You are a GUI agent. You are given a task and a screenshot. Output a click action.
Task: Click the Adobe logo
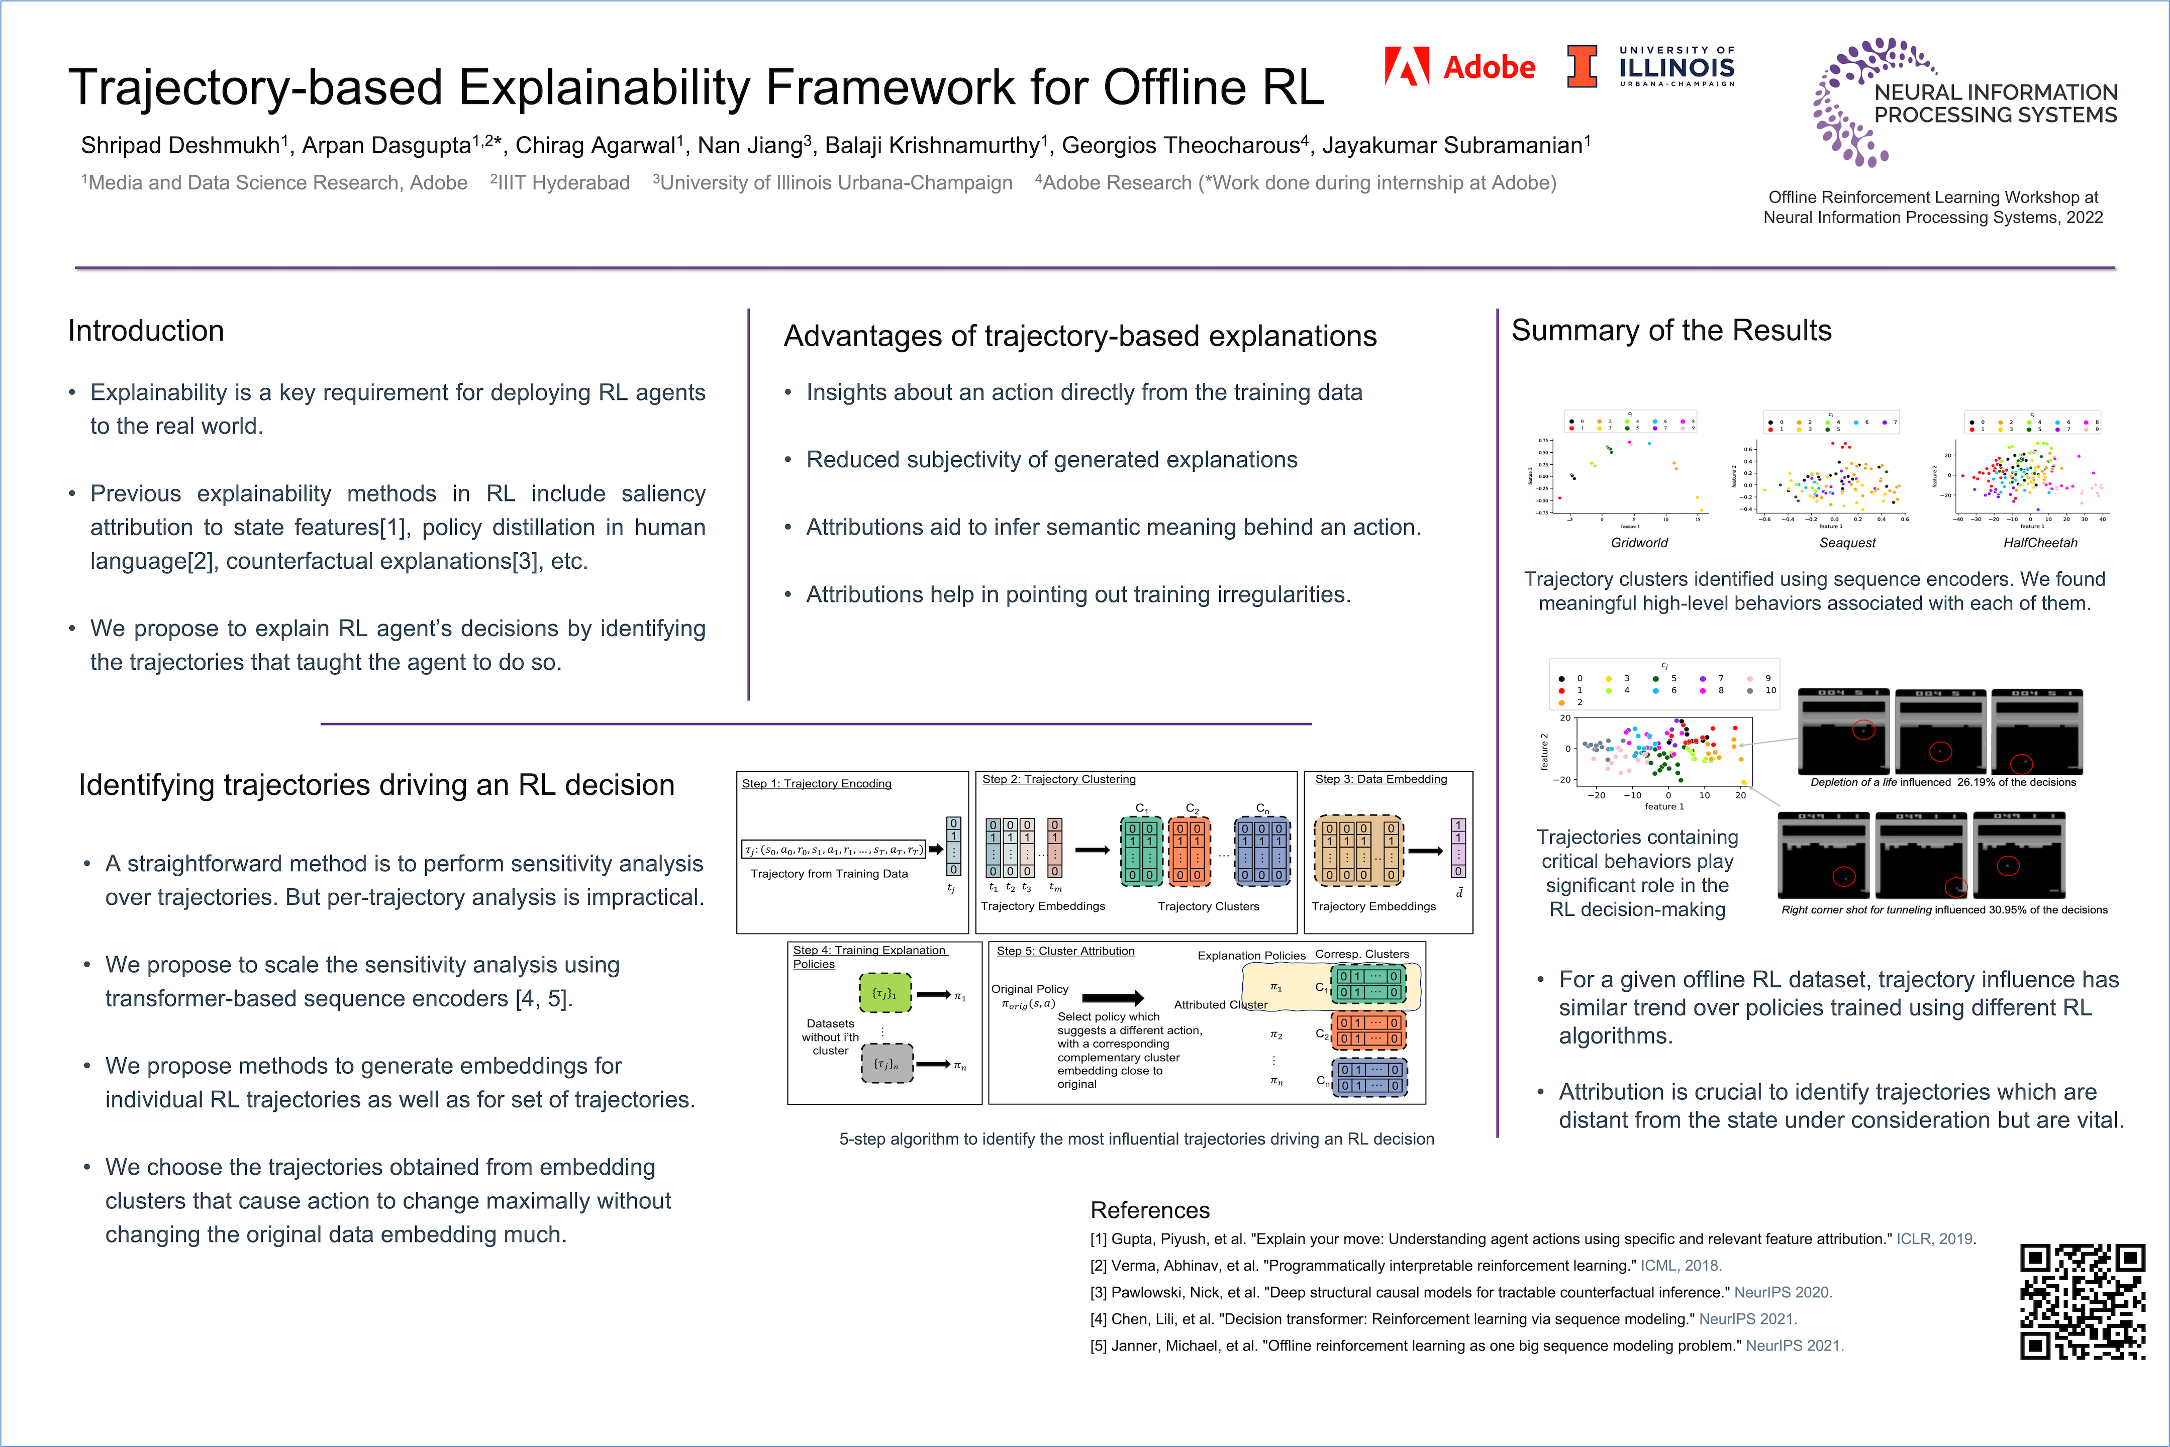(x=1459, y=66)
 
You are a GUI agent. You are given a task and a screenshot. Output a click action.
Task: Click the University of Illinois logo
(x=1650, y=66)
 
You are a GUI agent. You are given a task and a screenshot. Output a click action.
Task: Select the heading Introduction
(x=146, y=331)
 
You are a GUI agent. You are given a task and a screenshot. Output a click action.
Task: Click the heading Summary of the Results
(x=1670, y=331)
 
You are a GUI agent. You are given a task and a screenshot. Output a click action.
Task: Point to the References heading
(x=1149, y=1210)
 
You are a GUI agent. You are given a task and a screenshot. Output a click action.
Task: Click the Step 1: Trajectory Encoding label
(x=816, y=783)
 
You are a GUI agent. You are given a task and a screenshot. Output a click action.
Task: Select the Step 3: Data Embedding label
(x=1381, y=779)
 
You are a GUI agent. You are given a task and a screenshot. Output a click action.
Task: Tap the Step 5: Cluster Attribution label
(x=1065, y=951)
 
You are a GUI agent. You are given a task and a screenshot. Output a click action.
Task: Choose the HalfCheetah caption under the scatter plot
(x=2040, y=543)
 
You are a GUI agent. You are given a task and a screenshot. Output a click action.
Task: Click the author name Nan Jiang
(x=749, y=146)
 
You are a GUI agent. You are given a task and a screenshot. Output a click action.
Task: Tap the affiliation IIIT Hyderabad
(x=563, y=183)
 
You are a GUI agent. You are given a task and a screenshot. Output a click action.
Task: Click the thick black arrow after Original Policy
(x=1112, y=998)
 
